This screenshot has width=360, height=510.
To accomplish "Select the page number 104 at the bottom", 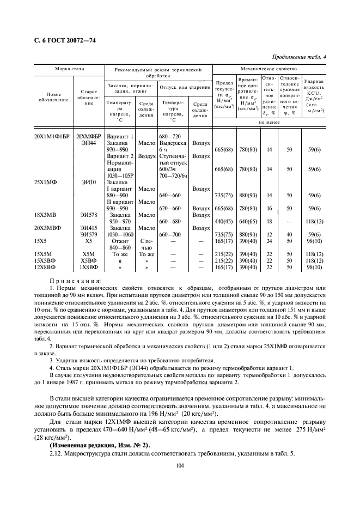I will [x=180, y=465].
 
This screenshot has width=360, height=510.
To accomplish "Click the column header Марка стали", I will [x=69, y=70].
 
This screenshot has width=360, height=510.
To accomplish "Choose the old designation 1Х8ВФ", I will [x=89, y=268].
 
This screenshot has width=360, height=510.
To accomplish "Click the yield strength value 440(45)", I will [x=224, y=221].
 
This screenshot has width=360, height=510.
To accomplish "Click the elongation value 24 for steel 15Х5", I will [x=269, y=241].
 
